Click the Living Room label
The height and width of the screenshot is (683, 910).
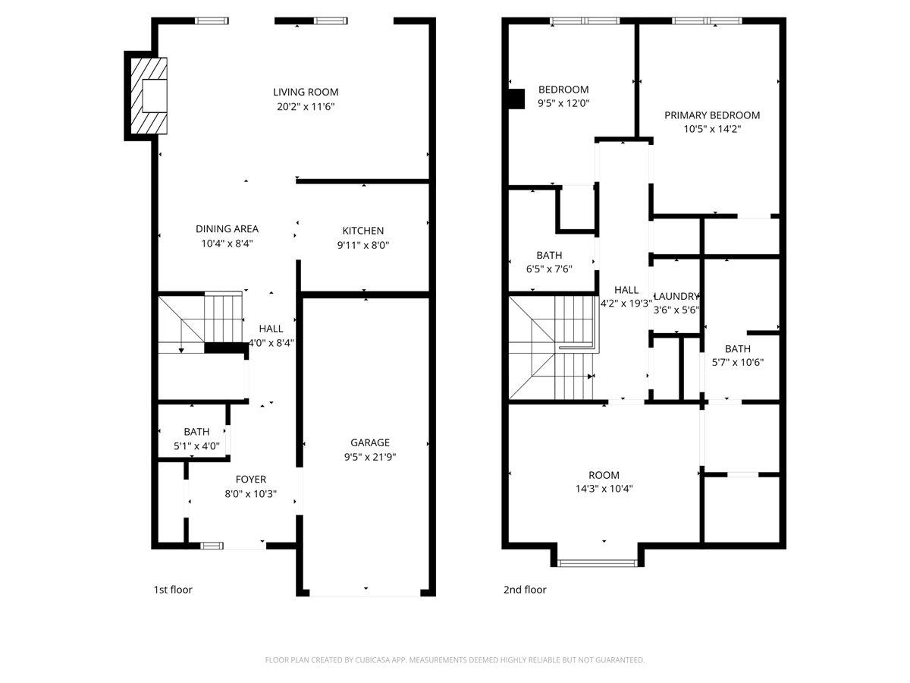click(306, 92)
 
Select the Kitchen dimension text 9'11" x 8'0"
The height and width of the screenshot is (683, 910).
click(363, 245)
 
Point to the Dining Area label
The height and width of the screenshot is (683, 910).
click(227, 228)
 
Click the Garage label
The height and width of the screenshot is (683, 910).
click(369, 442)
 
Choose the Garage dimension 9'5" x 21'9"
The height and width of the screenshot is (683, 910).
click(369, 457)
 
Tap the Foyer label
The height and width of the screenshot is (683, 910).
click(250, 479)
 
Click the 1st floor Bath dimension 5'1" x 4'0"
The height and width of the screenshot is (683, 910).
click(196, 446)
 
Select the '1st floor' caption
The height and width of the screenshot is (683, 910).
click(173, 590)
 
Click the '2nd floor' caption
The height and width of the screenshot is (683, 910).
click(525, 590)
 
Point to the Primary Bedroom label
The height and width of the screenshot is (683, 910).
click(712, 115)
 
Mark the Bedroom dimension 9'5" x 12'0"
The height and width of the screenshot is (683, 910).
click(563, 103)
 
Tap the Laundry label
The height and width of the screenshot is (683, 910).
click(676, 296)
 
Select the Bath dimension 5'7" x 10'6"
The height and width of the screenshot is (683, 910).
click(737, 363)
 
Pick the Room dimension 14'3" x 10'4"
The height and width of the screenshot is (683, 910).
click(604, 489)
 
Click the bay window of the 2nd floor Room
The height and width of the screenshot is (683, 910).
click(598, 562)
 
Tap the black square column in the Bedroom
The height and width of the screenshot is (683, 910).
click(516, 99)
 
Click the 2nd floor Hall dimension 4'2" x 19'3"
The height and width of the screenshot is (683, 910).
click(626, 304)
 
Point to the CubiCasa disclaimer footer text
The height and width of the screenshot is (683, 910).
click(455, 660)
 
